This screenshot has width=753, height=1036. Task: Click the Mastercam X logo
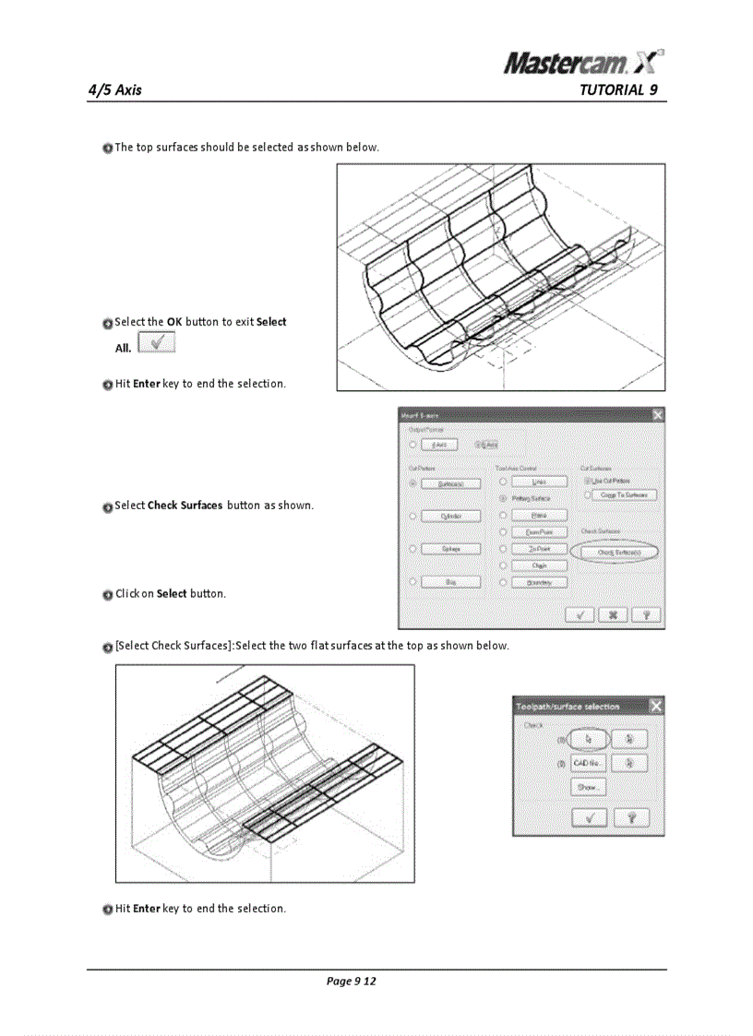pos(583,62)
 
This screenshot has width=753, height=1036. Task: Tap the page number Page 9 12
pos(351,981)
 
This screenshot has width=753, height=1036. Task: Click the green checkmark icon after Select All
pos(156,343)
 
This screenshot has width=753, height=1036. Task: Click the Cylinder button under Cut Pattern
pos(450,516)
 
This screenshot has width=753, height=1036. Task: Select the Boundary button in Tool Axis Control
pos(539,582)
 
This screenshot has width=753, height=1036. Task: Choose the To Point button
pos(539,549)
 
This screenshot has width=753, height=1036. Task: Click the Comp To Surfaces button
pos(624,495)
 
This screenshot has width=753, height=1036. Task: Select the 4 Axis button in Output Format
pos(439,445)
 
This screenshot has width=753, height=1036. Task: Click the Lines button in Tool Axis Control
pos(539,482)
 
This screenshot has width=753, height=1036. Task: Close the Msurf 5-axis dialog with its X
pos(657,416)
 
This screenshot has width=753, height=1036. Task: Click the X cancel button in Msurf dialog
pos(613,615)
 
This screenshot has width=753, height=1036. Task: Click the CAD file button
pos(588,763)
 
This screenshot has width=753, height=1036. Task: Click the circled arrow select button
pos(588,739)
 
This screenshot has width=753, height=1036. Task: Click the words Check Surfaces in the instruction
pos(185,506)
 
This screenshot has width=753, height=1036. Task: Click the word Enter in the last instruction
pos(147,909)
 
